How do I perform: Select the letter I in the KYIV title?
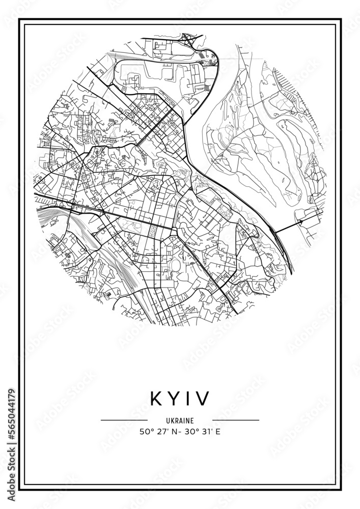coord(186,399)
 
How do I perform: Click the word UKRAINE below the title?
coord(180,420)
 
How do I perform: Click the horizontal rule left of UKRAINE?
coord(124,420)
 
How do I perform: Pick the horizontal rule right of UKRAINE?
coord(236,420)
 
